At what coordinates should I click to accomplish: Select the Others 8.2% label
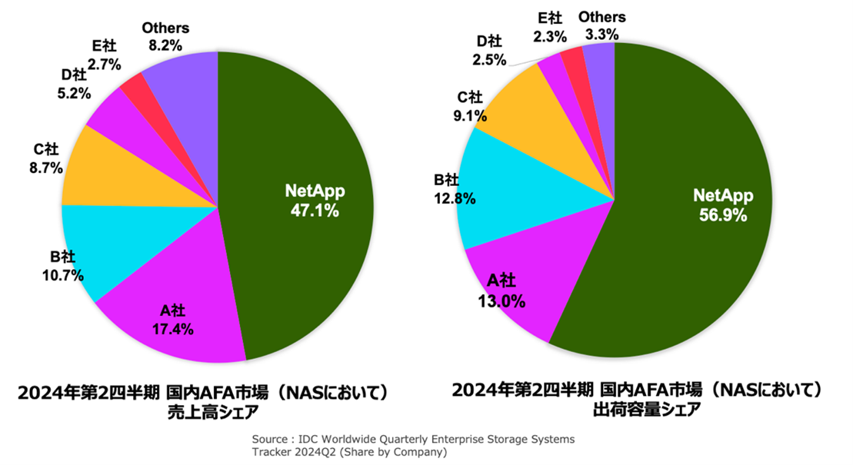165,37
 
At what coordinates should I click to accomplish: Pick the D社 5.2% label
75,84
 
